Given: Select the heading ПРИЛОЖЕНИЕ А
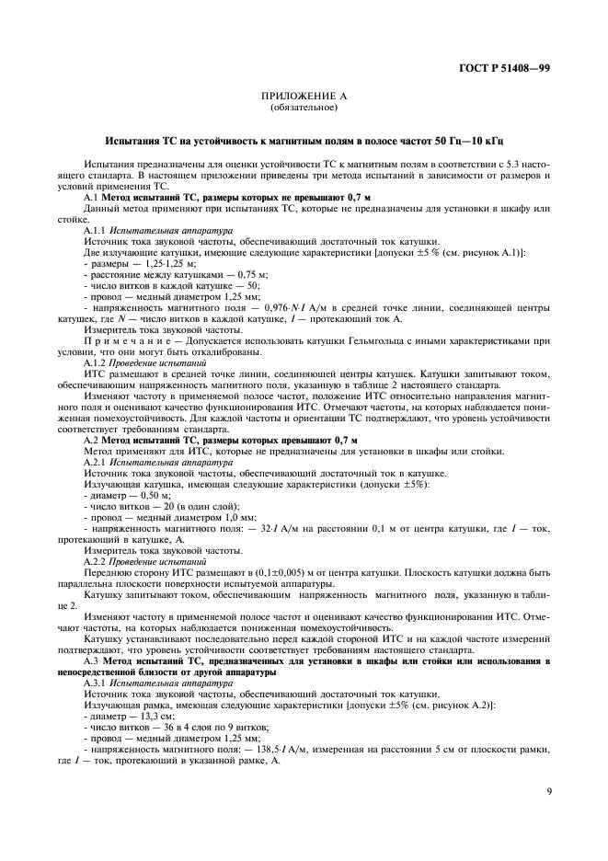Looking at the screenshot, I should [x=304, y=98].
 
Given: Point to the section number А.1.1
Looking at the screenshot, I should [x=96, y=224].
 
